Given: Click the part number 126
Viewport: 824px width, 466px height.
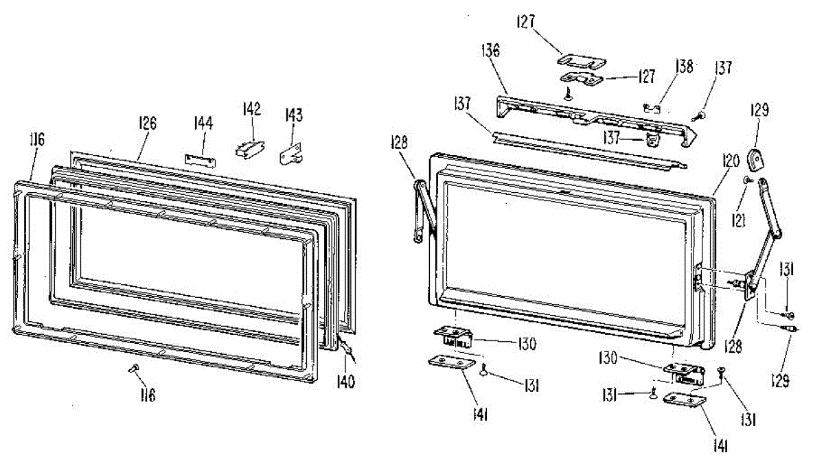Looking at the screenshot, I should pyautogui.click(x=147, y=124).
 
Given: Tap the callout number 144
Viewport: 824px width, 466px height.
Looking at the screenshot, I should pyautogui.click(x=203, y=124).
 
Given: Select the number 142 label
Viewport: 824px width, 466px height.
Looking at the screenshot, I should pyautogui.click(x=252, y=108).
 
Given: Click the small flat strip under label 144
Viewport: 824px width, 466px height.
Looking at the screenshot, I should pyautogui.click(x=199, y=159).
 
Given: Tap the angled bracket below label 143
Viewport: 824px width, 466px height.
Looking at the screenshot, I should pyautogui.click(x=292, y=155).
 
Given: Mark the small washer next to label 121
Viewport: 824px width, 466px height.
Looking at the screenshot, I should pyautogui.click(x=746, y=180).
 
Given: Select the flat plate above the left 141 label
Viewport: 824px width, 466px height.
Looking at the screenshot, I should pyautogui.click(x=449, y=362).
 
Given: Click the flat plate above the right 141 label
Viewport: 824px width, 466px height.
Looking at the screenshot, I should pyautogui.click(x=685, y=401).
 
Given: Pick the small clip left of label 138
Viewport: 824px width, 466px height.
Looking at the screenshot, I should pyautogui.click(x=652, y=107).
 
